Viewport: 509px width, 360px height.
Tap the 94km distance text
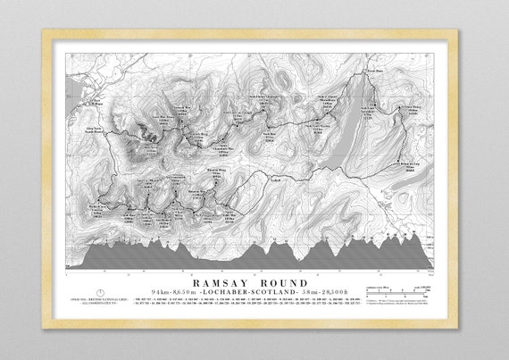pyautogui.click(x=163, y=293)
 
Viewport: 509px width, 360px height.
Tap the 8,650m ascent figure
pyautogui.click(x=189, y=293)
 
